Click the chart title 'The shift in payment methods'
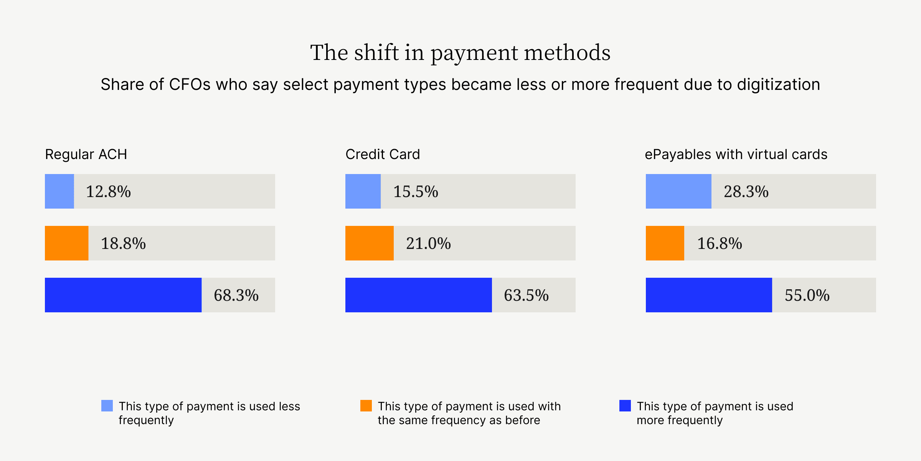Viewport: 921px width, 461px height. click(x=460, y=53)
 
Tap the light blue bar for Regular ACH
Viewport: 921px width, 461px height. click(x=59, y=191)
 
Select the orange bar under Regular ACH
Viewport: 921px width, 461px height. click(x=66, y=243)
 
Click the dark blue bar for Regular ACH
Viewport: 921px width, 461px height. click(x=123, y=295)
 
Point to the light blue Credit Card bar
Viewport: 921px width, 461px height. click(x=363, y=191)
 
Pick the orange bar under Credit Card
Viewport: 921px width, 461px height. click(x=369, y=243)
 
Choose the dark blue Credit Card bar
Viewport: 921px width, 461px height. click(x=418, y=295)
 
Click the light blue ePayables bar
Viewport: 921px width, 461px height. click(x=678, y=191)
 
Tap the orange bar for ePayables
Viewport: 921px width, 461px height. click(x=665, y=243)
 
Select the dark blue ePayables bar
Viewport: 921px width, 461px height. click(x=708, y=295)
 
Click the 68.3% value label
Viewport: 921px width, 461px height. click(x=236, y=295)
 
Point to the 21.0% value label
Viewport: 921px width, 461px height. click(x=428, y=244)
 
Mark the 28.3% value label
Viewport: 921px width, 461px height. click(x=746, y=192)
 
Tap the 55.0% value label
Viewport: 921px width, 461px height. click(x=807, y=295)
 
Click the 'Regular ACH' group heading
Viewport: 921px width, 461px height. click(x=86, y=154)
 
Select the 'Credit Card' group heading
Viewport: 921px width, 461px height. click(x=383, y=154)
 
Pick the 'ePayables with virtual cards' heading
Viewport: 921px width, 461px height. click(x=736, y=154)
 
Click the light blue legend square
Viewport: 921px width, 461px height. click(x=107, y=406)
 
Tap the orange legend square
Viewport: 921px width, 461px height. click(x=366, y=406)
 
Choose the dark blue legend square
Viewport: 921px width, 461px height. click(x=625, y=406)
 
